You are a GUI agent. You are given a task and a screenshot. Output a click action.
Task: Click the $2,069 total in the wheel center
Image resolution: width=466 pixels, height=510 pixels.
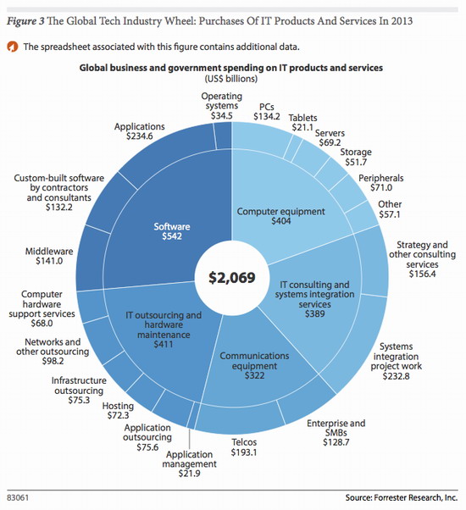232,278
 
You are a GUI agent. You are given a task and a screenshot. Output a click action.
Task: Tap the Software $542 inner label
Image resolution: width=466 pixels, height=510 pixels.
172,231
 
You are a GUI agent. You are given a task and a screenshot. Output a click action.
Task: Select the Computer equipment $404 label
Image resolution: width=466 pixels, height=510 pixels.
280,216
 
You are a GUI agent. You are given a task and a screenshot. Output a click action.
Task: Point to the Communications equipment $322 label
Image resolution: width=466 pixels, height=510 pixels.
254,366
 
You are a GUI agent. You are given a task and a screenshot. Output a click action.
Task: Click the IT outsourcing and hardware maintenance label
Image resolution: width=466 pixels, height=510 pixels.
164,330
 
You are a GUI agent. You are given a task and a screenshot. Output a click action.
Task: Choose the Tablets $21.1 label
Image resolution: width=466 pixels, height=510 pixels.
302,122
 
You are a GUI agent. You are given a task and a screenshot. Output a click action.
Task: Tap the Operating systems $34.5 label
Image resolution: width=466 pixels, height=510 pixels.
221,106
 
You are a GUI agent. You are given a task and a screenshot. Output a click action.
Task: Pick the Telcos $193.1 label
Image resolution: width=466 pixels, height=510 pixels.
244,447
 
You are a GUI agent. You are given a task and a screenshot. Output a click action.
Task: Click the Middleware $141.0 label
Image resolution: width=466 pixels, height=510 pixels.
49,256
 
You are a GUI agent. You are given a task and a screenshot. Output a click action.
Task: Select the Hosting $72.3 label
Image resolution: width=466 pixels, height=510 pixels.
118,411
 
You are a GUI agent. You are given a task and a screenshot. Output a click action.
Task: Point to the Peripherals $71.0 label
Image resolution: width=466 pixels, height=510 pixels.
381,183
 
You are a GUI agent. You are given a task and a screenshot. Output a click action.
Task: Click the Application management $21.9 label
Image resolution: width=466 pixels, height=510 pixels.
189,463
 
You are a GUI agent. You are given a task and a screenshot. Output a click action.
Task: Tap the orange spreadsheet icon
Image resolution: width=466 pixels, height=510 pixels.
13,47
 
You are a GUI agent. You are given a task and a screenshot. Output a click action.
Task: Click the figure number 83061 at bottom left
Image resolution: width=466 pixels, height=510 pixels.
18,498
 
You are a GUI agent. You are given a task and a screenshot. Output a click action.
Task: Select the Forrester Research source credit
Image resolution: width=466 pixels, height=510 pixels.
402,497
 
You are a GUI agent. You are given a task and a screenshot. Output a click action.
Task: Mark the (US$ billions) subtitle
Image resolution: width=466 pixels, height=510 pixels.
231,79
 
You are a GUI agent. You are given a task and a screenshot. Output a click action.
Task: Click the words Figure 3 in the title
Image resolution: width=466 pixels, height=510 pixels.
25,21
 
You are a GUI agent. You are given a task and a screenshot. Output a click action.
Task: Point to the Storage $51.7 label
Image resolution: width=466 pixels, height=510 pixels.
356,157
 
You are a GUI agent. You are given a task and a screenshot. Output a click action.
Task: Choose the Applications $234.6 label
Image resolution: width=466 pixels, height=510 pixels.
140,131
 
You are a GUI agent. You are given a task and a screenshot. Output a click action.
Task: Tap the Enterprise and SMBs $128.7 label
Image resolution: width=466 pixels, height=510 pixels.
336,433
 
